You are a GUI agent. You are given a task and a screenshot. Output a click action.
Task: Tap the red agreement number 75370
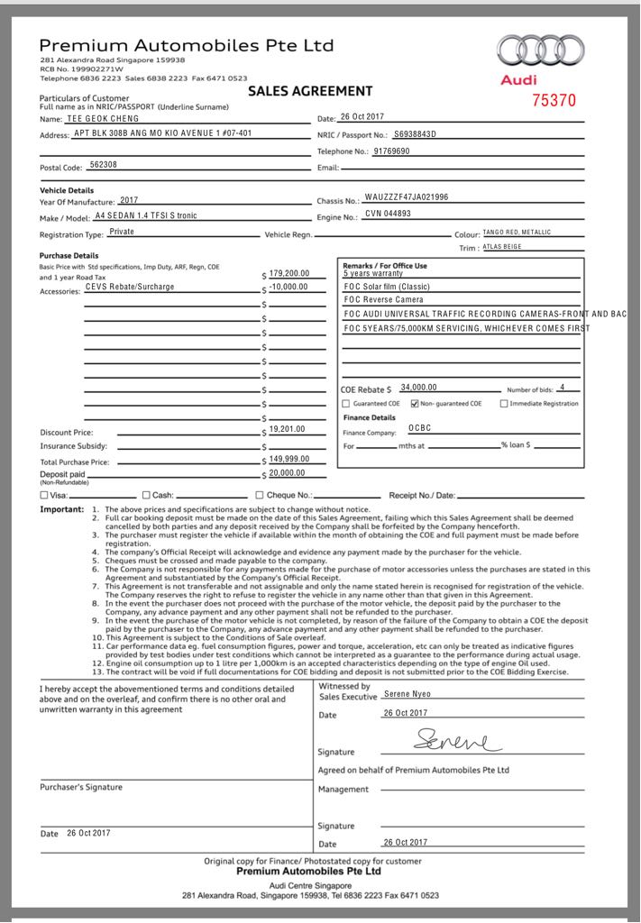[553, 100]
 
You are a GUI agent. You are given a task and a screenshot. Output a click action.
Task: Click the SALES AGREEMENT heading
[309, 91]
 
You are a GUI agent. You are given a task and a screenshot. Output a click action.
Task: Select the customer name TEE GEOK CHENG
[103, 118]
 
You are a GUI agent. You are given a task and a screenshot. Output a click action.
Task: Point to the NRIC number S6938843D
[415, 133]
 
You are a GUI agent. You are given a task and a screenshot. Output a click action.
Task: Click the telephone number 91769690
[391, 151]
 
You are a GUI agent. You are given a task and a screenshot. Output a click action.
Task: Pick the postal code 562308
[104, 165]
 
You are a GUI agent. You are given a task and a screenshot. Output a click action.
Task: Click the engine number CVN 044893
[388, 214]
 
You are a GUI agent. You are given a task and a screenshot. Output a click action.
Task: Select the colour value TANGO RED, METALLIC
[517, 232]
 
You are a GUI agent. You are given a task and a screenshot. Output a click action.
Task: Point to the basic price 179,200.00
[289, 273]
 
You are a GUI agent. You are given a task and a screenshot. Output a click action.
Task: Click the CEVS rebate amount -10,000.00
[288, 287]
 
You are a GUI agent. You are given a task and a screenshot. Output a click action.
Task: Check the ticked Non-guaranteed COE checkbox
[415, 403]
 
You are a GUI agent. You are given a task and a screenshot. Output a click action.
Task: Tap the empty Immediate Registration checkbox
[504, 403]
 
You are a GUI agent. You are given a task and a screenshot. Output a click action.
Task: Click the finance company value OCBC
[419, 428]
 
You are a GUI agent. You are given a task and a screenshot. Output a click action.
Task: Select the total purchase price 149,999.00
[289, 459]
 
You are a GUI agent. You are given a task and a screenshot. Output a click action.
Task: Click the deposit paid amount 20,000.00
[288, 472]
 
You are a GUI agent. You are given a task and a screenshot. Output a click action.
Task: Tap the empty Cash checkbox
[146, 495]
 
